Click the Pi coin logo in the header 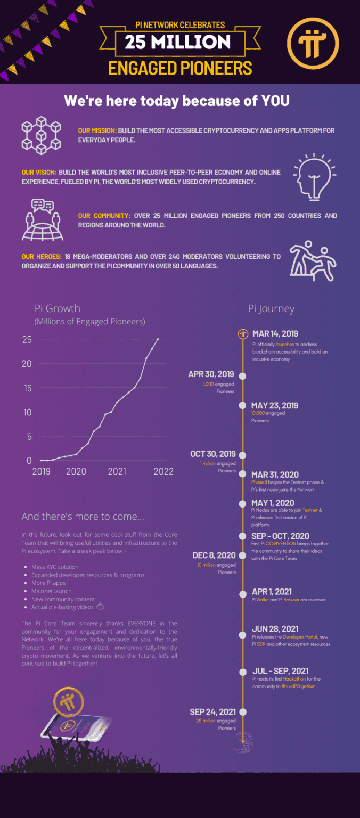[x=313, y=43]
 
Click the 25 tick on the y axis [x=27, y=339]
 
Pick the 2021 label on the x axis [x=117, y=471]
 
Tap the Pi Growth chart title [x=58, y=308]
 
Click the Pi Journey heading [x=271, y=308]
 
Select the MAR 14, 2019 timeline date [x=275, y=334]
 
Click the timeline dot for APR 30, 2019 [x=243, y=375]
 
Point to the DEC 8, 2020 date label [x=214, y=555]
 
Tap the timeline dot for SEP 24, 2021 [x=243, y=711]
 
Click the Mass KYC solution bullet [x=55, y=567]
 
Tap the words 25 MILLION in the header [x=177, y=42]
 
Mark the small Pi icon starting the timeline [x=243, y=334]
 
